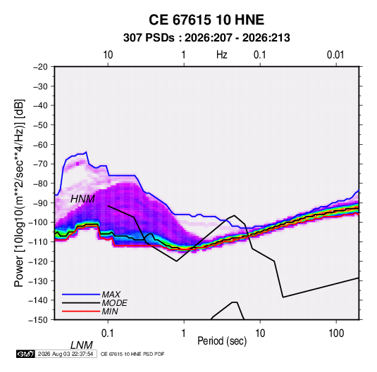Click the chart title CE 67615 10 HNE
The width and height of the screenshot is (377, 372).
[206, 20]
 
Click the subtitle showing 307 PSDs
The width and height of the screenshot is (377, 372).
[206, 38]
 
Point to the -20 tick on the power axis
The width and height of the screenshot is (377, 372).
[40, 67]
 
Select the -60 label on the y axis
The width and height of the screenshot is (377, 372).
[40, 144]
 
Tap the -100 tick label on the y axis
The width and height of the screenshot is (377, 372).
[39, 222]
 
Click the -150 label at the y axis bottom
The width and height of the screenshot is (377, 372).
[39, 320]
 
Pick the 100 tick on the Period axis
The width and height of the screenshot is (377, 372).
[336, 333]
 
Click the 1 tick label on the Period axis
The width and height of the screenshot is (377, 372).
[184, 333]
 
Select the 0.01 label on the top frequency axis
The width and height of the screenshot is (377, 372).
[335, 55]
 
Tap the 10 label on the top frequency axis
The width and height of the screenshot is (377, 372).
[108, 55]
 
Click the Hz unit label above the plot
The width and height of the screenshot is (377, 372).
[222, 55]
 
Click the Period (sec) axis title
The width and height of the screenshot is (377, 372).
[222, 341]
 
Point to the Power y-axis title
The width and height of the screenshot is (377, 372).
[19, 193]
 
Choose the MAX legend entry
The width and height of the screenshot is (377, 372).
[111, 295]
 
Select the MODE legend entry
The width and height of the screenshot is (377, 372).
[114, 303]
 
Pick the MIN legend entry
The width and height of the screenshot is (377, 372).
[110, 312]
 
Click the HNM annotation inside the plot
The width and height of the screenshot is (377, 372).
[82, 199]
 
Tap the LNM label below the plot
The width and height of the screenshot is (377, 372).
[82, 345]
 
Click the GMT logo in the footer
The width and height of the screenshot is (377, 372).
[26, 354]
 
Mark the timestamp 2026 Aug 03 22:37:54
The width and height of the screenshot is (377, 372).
[66, 354]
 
